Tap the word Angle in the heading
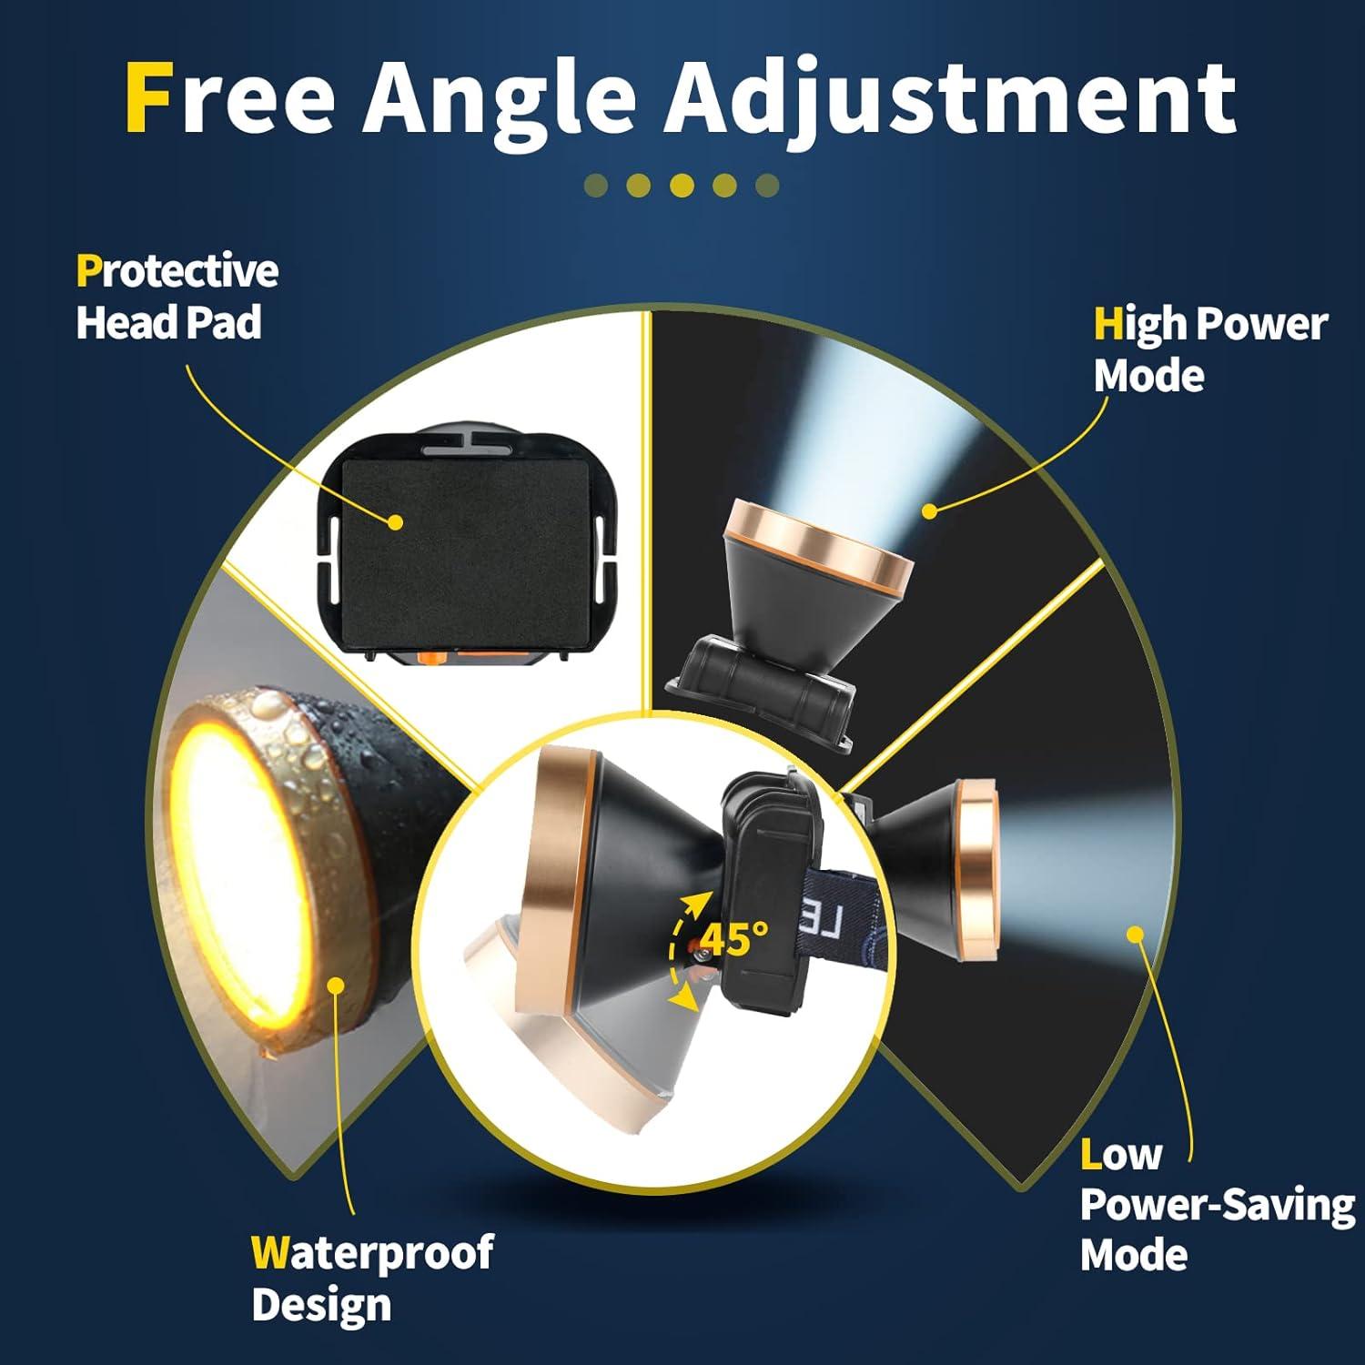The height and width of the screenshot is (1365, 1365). click(x=500, y=98)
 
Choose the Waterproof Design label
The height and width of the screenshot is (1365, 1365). click(x=371, y=1278)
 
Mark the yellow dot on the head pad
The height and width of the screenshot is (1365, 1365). click(x=394, y=522)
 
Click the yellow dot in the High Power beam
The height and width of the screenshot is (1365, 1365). click(x=929, y=511)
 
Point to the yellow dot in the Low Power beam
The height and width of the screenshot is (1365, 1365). click(x=1135, y=934)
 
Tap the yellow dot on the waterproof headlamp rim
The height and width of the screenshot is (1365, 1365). click(x=336, y=985)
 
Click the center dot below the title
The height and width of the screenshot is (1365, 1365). click(x=682, y=186)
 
